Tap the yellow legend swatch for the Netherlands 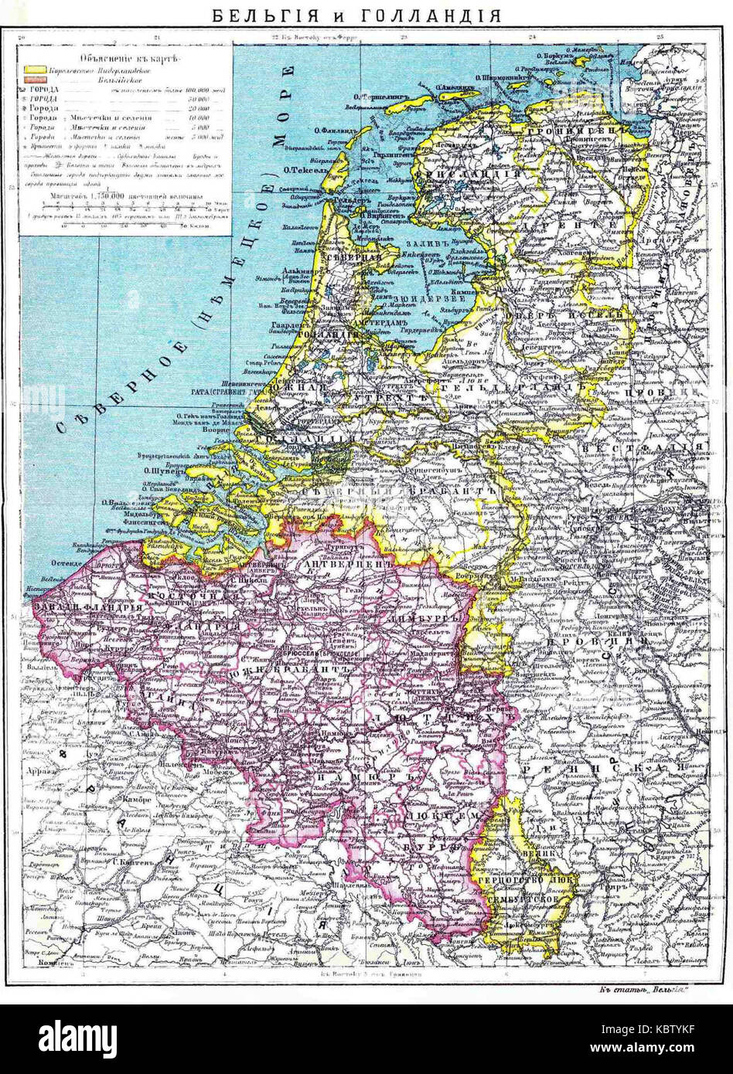tap(34, 69)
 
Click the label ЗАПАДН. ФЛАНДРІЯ tap(84, 610)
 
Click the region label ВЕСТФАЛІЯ tap(641, 448)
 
